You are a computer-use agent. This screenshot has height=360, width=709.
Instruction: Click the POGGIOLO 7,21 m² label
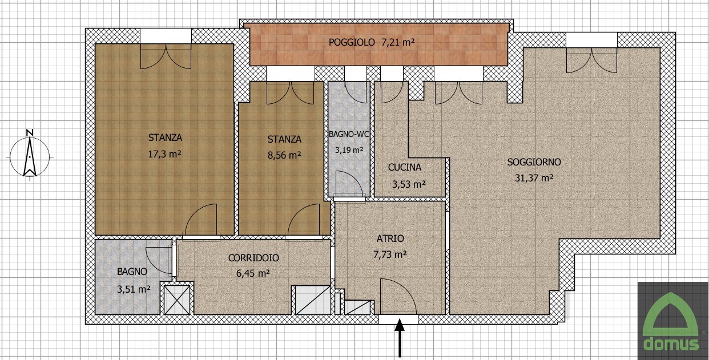point(372,42)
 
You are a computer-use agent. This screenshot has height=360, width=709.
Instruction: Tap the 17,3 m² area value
point(164,154)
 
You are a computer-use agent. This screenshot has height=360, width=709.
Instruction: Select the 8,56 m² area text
point(284,155)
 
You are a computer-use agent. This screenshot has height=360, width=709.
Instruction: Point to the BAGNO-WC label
point(349,134)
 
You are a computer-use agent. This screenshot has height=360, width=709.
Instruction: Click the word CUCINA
point(405,167)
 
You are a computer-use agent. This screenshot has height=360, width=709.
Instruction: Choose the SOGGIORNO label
point(534,162)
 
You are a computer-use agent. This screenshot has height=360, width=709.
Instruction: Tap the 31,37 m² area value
point(534,178)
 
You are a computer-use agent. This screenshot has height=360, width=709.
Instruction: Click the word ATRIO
point(390,238)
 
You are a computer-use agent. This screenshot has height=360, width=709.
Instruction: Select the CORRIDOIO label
point(253,258)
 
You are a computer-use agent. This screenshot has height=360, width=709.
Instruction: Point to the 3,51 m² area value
point(134,289)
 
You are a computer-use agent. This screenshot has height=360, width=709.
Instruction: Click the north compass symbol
point(30,155)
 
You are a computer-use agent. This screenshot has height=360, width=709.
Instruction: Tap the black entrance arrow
point(400,338)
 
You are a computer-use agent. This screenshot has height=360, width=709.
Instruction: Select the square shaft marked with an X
point(177,300)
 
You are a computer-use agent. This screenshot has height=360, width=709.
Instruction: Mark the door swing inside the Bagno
point(159,260)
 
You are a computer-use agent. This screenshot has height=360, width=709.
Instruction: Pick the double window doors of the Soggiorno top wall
point(591,60)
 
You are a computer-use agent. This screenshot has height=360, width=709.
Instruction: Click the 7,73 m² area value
point(390,254)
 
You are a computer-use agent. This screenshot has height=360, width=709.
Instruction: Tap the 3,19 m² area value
point(349,149)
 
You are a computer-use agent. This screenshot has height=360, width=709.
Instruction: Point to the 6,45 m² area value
point(253,273)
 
